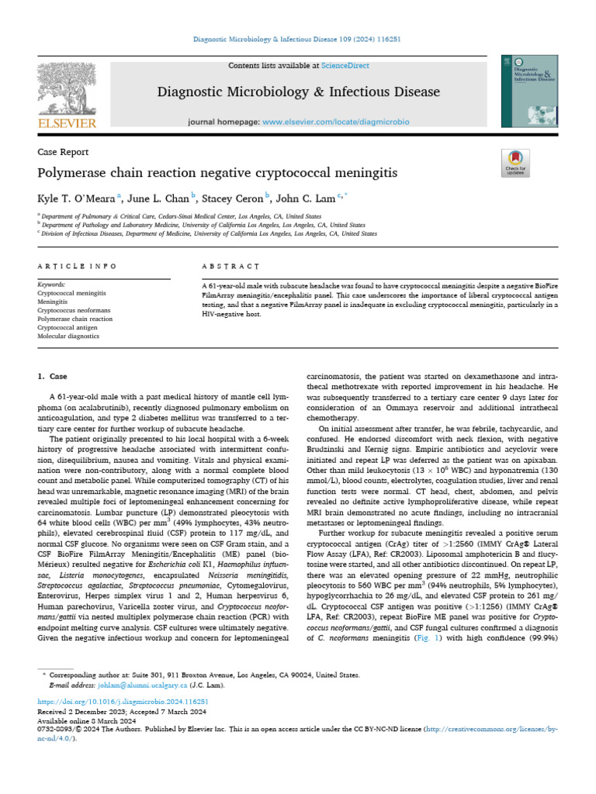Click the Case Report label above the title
click(63, 152)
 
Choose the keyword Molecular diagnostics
click(71, 337)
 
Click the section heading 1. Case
click(53, 376)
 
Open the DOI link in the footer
click(123, 701)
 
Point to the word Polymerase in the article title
click(76, 172)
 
